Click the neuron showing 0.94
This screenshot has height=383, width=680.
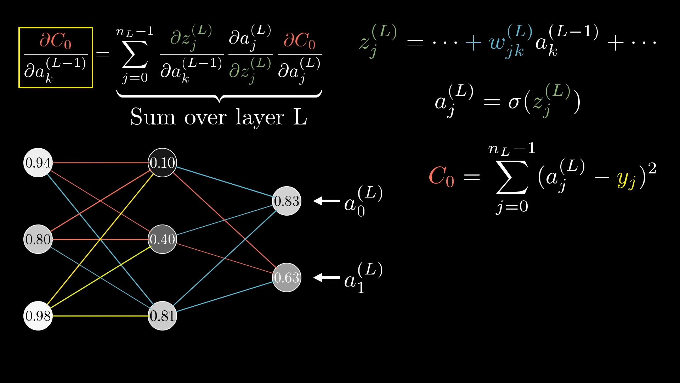click(x=38, y=163)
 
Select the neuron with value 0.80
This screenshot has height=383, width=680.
click(x=38, y=239)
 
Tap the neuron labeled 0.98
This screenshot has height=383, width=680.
click(x=38, y=316)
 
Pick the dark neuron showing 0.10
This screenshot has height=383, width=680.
click(x=162, y=163)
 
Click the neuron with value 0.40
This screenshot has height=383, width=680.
click(x=162, y=239)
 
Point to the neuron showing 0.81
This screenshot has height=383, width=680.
click(x=162, y=316)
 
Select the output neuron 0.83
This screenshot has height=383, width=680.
click(x=287, y=201)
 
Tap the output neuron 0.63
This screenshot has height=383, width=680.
click(x=287, y=278)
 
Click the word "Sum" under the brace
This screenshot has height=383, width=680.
click(x=153, y=117)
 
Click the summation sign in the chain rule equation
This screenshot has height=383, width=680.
click(x=135, y=54)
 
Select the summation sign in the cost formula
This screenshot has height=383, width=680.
click(x=512, y=177)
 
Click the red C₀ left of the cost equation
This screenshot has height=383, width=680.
click(x=441, y=176)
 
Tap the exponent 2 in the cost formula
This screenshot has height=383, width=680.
click(x=652, y=168)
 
